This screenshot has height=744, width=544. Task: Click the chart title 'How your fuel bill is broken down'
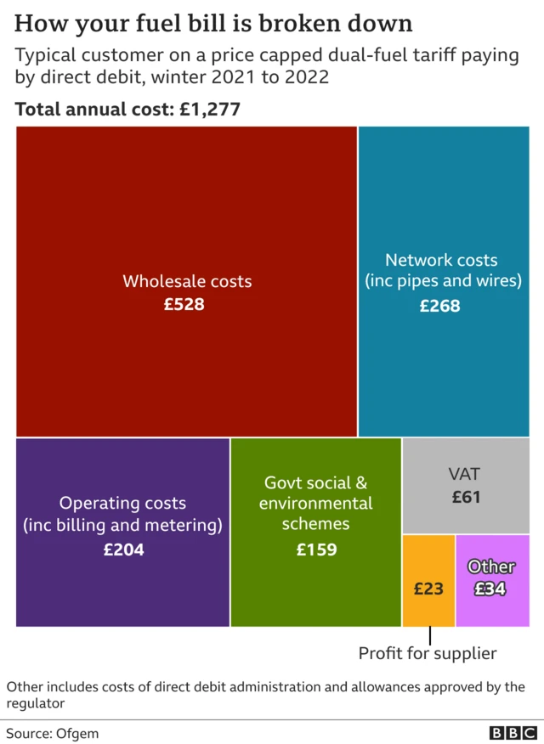click(213, 23)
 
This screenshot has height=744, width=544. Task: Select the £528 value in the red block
click(184, 303)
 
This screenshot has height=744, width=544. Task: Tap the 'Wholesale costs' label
click(187, 280)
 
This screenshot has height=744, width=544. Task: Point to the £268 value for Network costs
click(440, 306)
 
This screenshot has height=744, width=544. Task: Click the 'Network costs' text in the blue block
click(441, 260)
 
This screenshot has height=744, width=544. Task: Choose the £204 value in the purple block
click(123, 550)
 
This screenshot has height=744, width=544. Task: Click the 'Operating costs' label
click(122, 504)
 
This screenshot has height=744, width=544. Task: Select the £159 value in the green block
click(316, 550)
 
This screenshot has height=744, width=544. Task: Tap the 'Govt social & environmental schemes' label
click(316, 504)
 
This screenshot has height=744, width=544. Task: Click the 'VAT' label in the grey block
click(466, 474)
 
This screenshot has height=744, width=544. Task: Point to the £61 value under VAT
click(466, 497)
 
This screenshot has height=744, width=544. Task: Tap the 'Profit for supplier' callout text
click(428, 653)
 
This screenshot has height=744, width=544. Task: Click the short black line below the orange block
click(430, 635)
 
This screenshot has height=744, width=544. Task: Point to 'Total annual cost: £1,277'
click(127, 110)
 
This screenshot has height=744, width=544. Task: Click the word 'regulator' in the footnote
click(36, 704)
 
